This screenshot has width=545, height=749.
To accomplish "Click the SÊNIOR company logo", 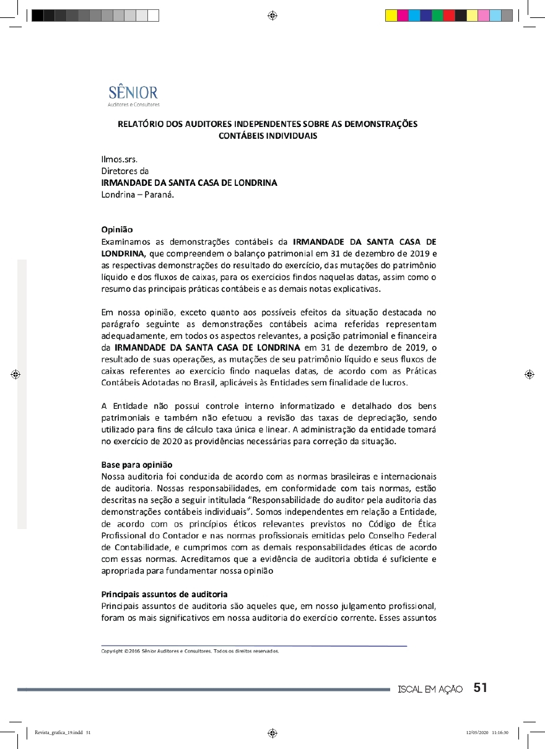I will [x=133, y=95].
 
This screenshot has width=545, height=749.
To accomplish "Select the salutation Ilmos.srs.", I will [x=119, y=159].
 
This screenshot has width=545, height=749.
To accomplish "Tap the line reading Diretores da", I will [x=124, y=171].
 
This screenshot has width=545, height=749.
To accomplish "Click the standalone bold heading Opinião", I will [x=116, y=229].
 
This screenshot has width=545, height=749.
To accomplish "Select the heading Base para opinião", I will [x=136, y=465].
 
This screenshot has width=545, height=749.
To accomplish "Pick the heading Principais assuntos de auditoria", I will [x=164, y=594].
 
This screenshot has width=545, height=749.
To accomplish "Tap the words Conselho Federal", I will [x=406, y=535].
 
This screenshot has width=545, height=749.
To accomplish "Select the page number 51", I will [x=481, y=688].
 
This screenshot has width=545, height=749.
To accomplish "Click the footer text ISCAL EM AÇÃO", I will [x=430, y=689].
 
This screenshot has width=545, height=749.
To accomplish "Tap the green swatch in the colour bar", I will [x=437, y=15].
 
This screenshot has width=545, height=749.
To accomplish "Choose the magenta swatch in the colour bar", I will [x=403, y=15].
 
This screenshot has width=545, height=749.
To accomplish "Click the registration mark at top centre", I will [x=272, y=15].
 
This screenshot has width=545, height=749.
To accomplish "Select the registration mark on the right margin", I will [x=528, y=374].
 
